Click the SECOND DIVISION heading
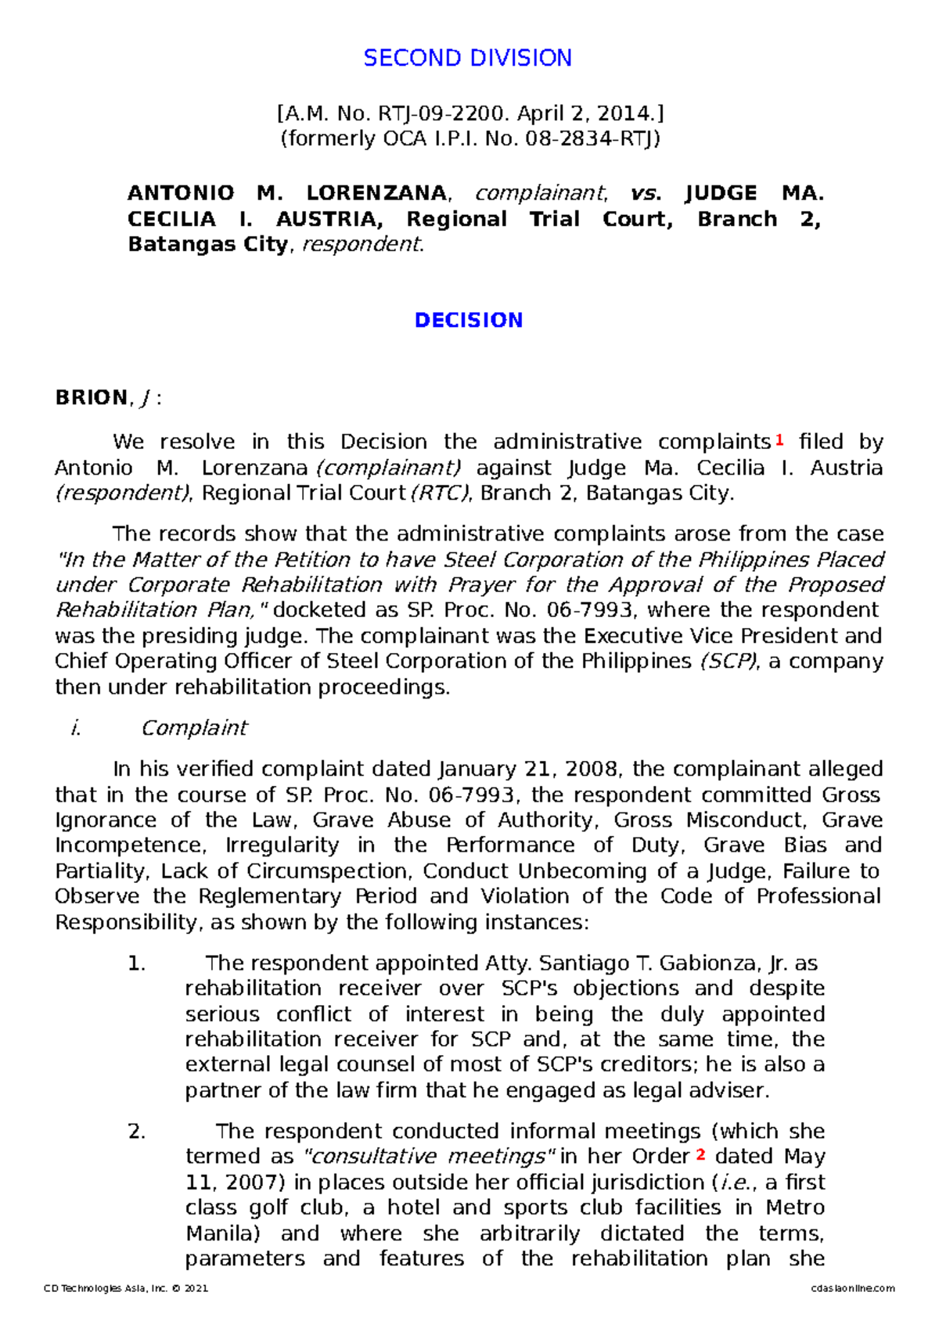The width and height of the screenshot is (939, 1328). click(467, 58)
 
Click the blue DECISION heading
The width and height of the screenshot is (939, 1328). click(468, 321)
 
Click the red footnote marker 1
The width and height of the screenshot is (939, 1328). click(779, 440)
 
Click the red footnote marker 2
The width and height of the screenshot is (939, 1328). click(700, 1154)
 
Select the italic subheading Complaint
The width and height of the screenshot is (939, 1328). click(193, 728)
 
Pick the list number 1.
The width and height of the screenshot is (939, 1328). click(136, 964)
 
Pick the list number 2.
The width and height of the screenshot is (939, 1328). click(136, 1132)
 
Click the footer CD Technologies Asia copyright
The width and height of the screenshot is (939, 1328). click(126, 1288)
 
